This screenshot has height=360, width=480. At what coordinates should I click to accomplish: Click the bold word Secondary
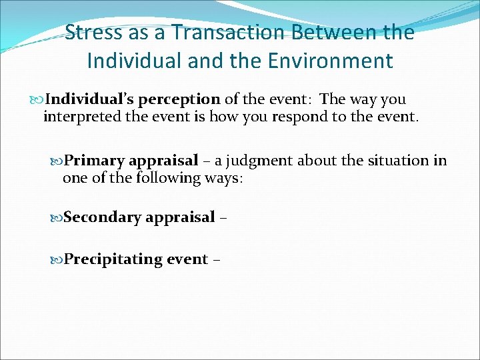(103, 217)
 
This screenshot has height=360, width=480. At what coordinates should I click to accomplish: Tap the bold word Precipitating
(111, 259)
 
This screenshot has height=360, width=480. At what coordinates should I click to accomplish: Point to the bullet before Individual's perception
(37, 99)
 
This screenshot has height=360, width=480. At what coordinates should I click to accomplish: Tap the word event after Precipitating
(187, 259)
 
